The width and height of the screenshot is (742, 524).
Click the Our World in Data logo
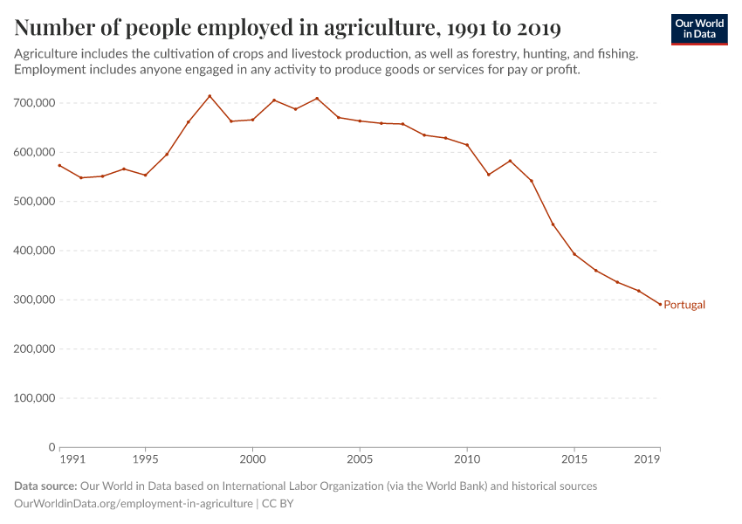tap(699, 29)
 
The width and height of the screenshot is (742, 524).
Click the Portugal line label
tap(684, 305)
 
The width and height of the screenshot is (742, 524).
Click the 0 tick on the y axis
tap(52, 447)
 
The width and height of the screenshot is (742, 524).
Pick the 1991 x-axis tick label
tap(72, 458)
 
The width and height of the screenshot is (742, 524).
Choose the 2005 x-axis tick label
tap(360, 458)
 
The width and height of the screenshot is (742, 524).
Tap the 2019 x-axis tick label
tap(647, 458)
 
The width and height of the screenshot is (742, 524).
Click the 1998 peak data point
tap(210, 96)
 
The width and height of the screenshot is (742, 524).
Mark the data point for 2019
tap(660, 304)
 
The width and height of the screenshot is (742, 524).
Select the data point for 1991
tap(59, 165)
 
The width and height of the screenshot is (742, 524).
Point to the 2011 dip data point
tap(488, 175)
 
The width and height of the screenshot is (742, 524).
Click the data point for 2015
tap(574, 254)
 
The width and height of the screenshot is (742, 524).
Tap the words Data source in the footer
tap(45, 486)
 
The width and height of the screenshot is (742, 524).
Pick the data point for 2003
tap(317, 98)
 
